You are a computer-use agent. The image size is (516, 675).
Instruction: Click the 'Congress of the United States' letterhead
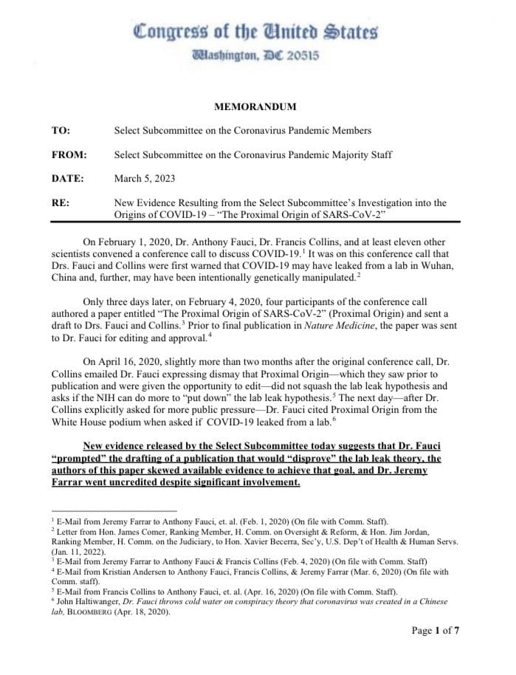[255, 32]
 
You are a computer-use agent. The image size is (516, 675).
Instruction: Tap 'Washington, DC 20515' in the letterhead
[255, 55]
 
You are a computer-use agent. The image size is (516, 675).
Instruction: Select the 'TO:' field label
[61, 131]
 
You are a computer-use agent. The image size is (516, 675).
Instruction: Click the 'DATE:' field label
[67, 178]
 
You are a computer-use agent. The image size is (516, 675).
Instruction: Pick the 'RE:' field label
[60, 202]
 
